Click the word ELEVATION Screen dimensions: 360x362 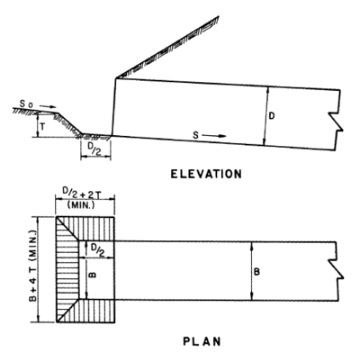[206, 174]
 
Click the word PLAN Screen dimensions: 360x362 [202, 341]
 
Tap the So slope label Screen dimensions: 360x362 [26, 104]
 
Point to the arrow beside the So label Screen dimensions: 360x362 [48, 106]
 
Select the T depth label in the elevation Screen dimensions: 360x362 [42, 127]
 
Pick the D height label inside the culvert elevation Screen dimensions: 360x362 [272, 116]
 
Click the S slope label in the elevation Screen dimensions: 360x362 [195, 135]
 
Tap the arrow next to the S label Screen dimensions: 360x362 [213, 136]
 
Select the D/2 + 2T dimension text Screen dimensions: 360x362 [85, 195]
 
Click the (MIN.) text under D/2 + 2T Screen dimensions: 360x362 [81, 205]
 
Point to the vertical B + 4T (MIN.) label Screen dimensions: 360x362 [33, 266]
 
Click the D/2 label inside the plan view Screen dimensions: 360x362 [97, 250]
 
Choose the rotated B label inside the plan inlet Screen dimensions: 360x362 [93, 275]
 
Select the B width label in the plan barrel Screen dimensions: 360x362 [256, 272]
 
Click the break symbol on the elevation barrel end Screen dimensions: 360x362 [337, 121]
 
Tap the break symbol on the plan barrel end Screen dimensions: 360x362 [336, 269]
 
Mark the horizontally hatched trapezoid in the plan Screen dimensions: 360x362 [67, 269]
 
